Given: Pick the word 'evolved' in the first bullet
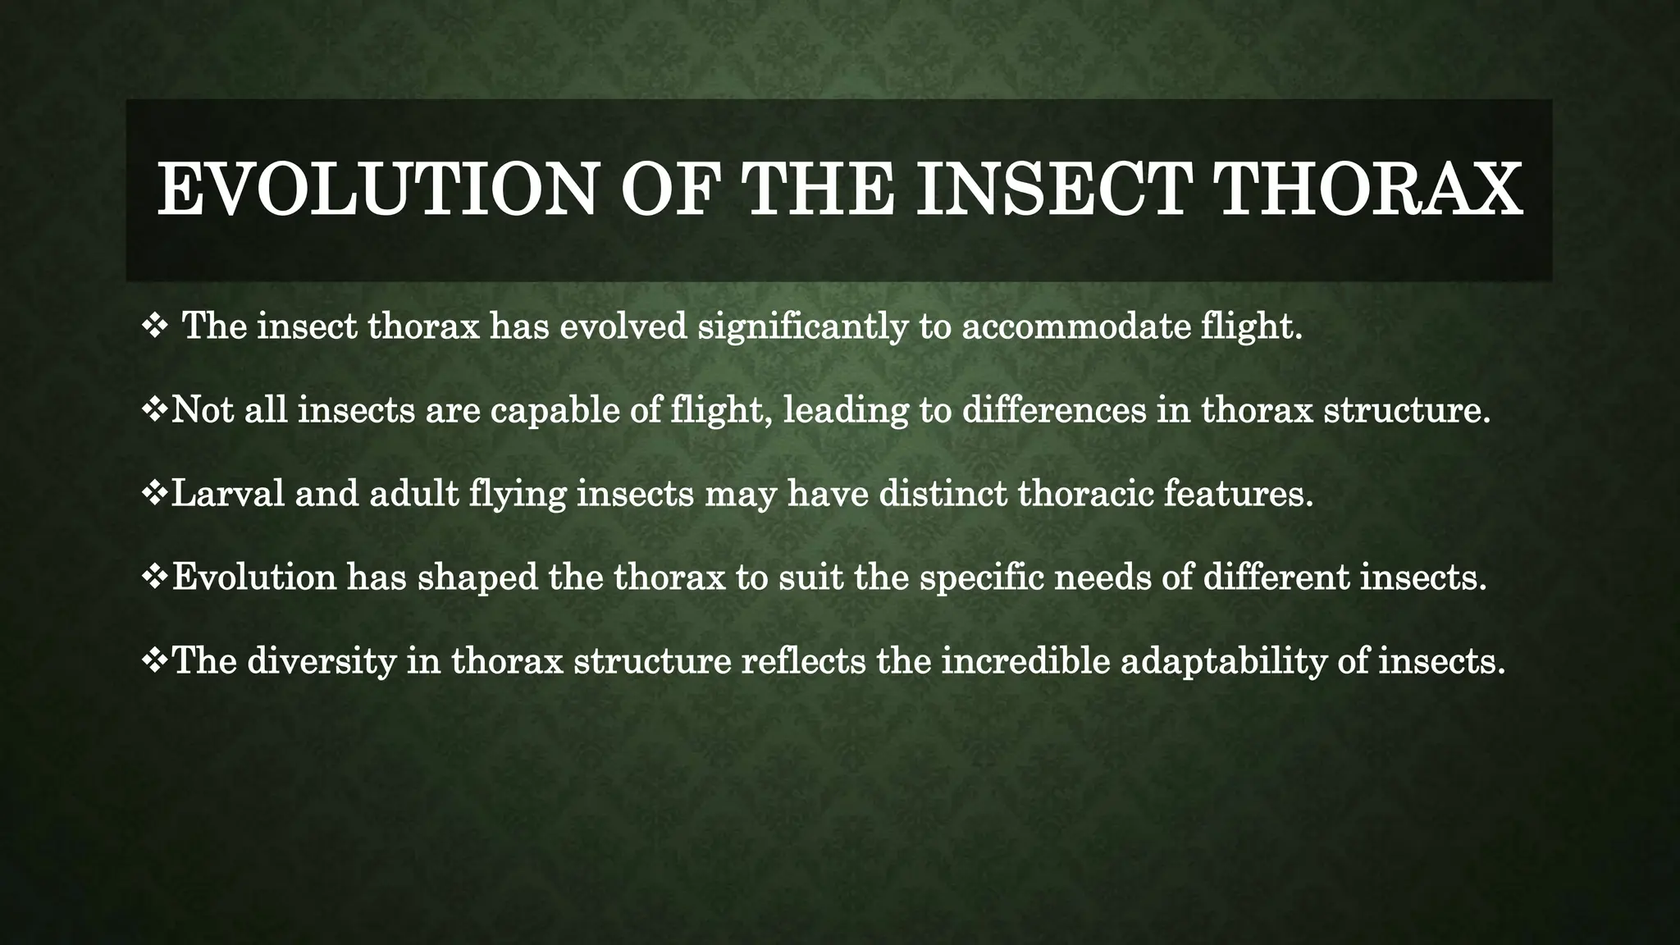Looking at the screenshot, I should pyautogui.click(x=623, y=327).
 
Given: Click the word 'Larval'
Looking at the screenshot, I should pyautogui.click(x=227, y=494).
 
